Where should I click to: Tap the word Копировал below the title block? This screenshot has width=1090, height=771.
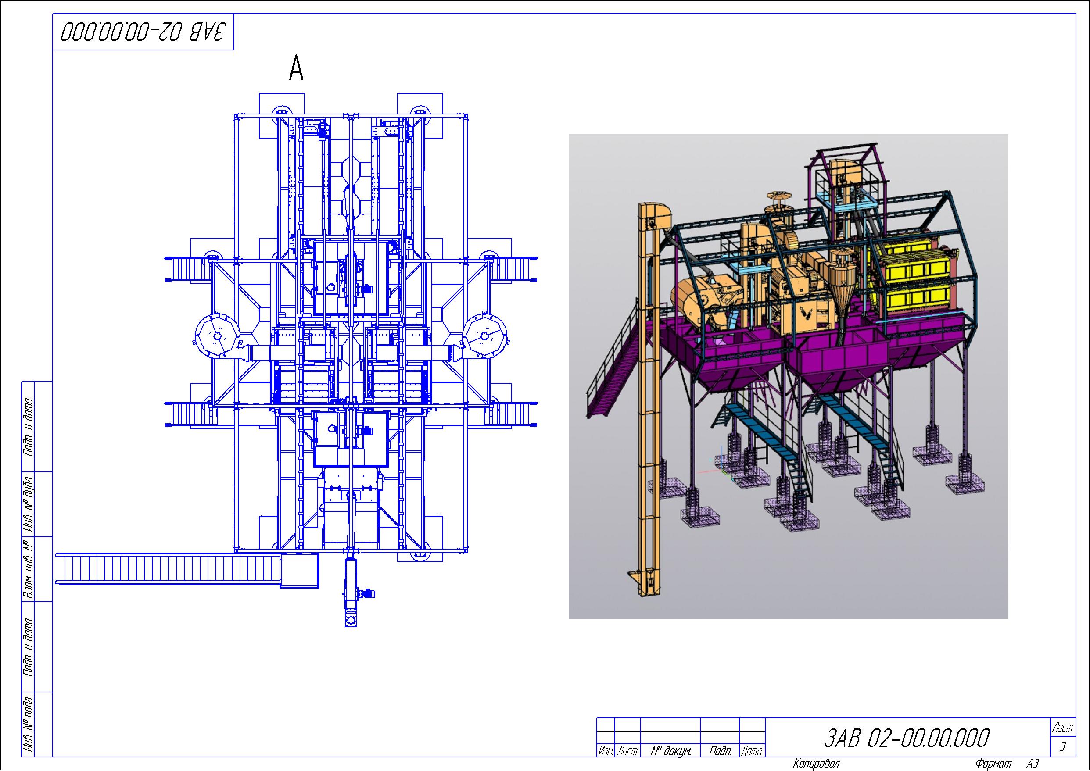pos(816,764)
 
